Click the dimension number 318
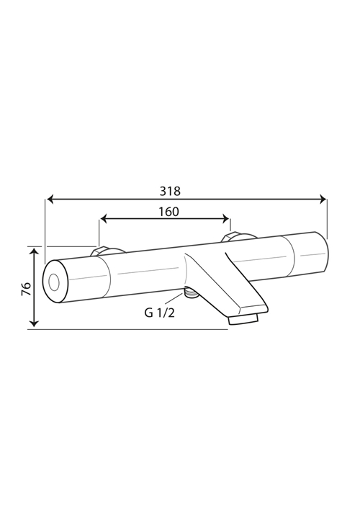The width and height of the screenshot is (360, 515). (x=170, y=191)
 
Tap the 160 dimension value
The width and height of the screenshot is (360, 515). (x=169, y=212)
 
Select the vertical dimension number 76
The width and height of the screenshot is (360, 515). (x=26, y=288)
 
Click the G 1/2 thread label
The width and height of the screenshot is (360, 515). (x=160, y=313)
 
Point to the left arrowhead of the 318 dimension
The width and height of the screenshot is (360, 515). (x=51, y=199)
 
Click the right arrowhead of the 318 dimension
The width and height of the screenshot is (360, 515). (x=323, y=199)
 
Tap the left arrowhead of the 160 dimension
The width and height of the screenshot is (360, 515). (x=104, y=218)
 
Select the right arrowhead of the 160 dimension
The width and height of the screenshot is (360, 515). (x=225, y=218)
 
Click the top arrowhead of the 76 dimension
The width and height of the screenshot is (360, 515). (x=34, y=253)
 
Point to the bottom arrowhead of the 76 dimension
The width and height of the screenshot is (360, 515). (x=34, y=323)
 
